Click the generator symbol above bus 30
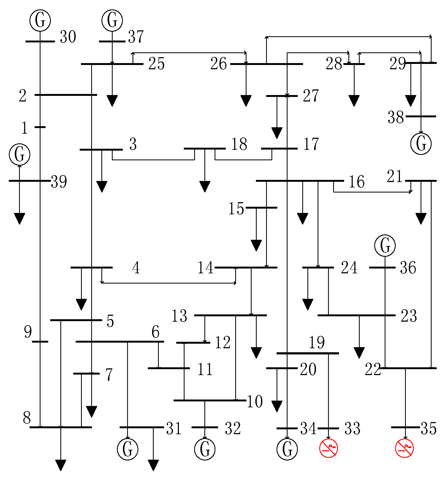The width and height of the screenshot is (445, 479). (40, 20)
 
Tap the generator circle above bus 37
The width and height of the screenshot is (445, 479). (112, 20)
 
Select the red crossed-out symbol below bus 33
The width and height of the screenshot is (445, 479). (328, 448)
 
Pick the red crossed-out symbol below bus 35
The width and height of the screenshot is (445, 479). (404, 448)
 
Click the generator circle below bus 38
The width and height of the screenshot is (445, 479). (421, 144)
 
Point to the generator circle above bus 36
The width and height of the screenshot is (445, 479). (385, 245)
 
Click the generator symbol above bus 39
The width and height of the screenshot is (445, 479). (20, 154)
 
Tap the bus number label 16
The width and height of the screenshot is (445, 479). (356, 182)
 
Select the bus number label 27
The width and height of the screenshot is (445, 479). (311, 96)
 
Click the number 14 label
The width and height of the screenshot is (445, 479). (205, 268)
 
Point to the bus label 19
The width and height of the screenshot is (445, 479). (317, 342)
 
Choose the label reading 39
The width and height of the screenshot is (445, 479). (59, 182)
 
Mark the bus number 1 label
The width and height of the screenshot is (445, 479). (25, 128)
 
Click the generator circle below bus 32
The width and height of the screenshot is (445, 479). (205, 449)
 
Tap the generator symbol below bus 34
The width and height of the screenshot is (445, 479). (287, 449)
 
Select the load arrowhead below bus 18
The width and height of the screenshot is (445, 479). (205, 186)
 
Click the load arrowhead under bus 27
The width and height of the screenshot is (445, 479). (277, 133)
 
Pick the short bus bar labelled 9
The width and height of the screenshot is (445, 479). (40, 342)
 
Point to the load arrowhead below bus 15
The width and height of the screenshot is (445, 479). (256, 245)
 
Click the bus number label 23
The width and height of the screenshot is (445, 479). (409, 316)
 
